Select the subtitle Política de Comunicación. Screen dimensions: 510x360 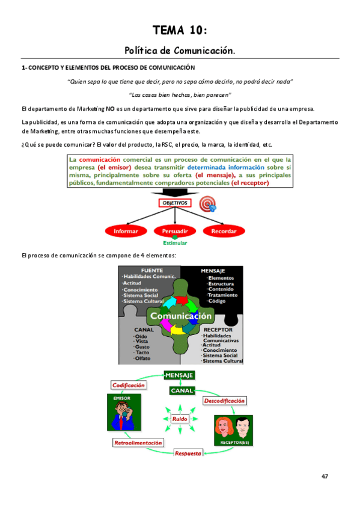point(180,51)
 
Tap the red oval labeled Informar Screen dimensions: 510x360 point(126,231)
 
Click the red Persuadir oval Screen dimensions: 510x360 point(175,231)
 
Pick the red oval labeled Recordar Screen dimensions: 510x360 point(224,231)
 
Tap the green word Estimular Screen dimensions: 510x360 point(175,243)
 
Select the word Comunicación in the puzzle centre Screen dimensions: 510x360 point(181,316)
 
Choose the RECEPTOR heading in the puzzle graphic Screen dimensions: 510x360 point(218,330)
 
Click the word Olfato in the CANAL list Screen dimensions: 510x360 point(143,358)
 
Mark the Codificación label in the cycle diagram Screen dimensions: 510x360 point(128,385)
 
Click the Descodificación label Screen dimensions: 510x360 point(224,401)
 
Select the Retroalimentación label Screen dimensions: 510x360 point(138,443)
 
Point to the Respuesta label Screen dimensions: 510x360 point(188,453)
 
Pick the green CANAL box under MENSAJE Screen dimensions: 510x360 point(182,391)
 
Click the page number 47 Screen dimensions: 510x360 point(325,476)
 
